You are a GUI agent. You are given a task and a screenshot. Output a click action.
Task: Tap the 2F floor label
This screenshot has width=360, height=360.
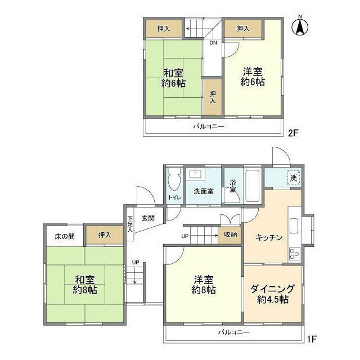click(292, 133)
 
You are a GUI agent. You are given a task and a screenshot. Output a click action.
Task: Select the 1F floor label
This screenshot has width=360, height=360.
click(312, 339)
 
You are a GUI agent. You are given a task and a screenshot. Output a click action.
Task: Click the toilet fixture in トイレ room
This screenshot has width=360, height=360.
click(173, 182)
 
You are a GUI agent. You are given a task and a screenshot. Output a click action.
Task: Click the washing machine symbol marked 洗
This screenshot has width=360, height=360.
click(293, 178)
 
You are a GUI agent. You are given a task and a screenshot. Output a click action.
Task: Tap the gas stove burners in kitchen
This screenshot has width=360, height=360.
click(294, 254)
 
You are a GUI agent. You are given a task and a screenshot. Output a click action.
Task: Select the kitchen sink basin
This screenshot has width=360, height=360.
click(294, 226)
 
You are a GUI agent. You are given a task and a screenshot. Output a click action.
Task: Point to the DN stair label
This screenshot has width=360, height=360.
click(213, 43)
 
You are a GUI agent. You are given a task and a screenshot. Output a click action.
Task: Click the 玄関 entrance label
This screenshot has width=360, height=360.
click(148, 218)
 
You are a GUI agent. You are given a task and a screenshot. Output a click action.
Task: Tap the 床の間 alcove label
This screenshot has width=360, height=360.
click(65, 236)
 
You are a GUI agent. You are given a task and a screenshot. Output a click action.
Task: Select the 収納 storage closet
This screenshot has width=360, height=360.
click(230, 235)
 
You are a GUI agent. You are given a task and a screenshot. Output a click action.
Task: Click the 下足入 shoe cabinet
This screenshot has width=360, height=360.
click(130, 224)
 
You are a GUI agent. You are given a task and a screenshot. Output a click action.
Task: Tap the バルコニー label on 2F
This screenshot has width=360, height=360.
click(209, 127)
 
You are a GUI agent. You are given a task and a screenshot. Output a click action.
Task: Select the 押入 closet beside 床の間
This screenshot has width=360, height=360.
click(104, 236)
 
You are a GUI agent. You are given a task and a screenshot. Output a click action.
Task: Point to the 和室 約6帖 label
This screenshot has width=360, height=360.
click(174, 78)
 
